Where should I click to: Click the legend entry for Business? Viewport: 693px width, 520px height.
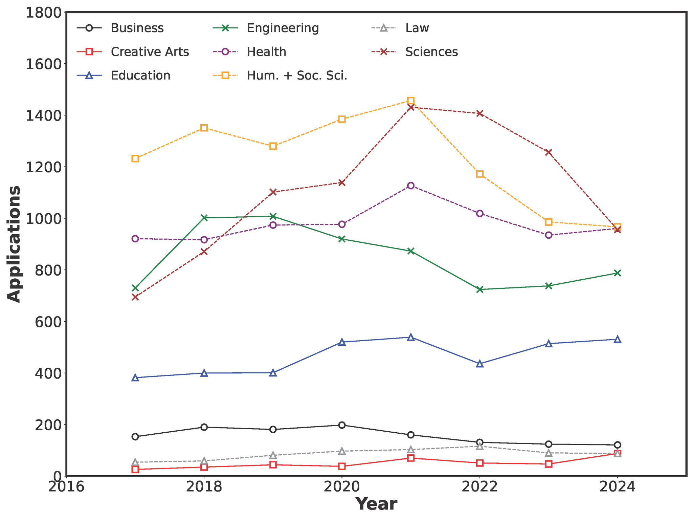tap(137, 28)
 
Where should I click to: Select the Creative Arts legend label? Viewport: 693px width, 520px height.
tap(150, 52)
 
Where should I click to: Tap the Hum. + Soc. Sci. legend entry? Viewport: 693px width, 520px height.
tap(297, 75)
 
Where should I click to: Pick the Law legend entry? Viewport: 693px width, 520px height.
tap(417, 28)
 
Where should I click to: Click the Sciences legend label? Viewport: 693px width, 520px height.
tap(431, 52)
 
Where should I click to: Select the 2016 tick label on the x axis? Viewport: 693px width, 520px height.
tap(66, 487)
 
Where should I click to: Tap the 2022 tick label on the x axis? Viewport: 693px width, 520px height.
tap(479, 487)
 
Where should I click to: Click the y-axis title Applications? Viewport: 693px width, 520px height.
tap(14, 244)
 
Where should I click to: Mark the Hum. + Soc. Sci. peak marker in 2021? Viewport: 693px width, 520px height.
tap(410, 101)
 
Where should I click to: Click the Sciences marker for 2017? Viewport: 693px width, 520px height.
tap(135, 297)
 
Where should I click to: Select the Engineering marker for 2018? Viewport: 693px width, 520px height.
tap(204, 218)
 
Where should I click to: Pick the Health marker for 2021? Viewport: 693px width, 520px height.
tap(410, 186)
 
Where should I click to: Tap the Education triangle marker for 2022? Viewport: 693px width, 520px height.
tap(479, 364)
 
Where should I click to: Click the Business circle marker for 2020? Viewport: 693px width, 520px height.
tap(342, 425)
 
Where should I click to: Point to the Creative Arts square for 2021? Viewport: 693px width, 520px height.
tap(410, 458)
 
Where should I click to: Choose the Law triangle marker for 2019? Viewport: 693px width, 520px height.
tap(273, 455)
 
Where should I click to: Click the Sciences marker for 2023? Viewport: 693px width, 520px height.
tap(549, 152)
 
